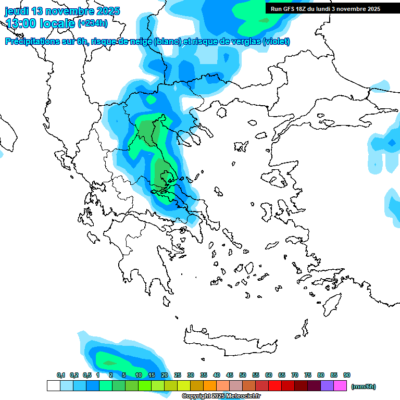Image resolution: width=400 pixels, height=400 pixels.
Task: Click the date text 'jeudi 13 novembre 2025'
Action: [x=63, y=11]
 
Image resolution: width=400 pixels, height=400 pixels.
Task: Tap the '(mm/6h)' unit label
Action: [x=364, y=386]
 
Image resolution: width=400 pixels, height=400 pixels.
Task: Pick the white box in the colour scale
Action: [x=53, y=386]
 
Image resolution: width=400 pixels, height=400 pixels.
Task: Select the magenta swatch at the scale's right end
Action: [x=340, y=386]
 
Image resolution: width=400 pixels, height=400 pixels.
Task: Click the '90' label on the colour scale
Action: [x=347, y=375]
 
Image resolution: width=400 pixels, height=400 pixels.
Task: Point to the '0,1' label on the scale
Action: [x=61, y=375]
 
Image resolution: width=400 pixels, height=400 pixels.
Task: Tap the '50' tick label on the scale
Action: [x=243, y=375]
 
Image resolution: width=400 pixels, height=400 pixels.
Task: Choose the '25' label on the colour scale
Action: [x=178, y=375]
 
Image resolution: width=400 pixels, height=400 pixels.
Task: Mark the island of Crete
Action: [x=229, y=341]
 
